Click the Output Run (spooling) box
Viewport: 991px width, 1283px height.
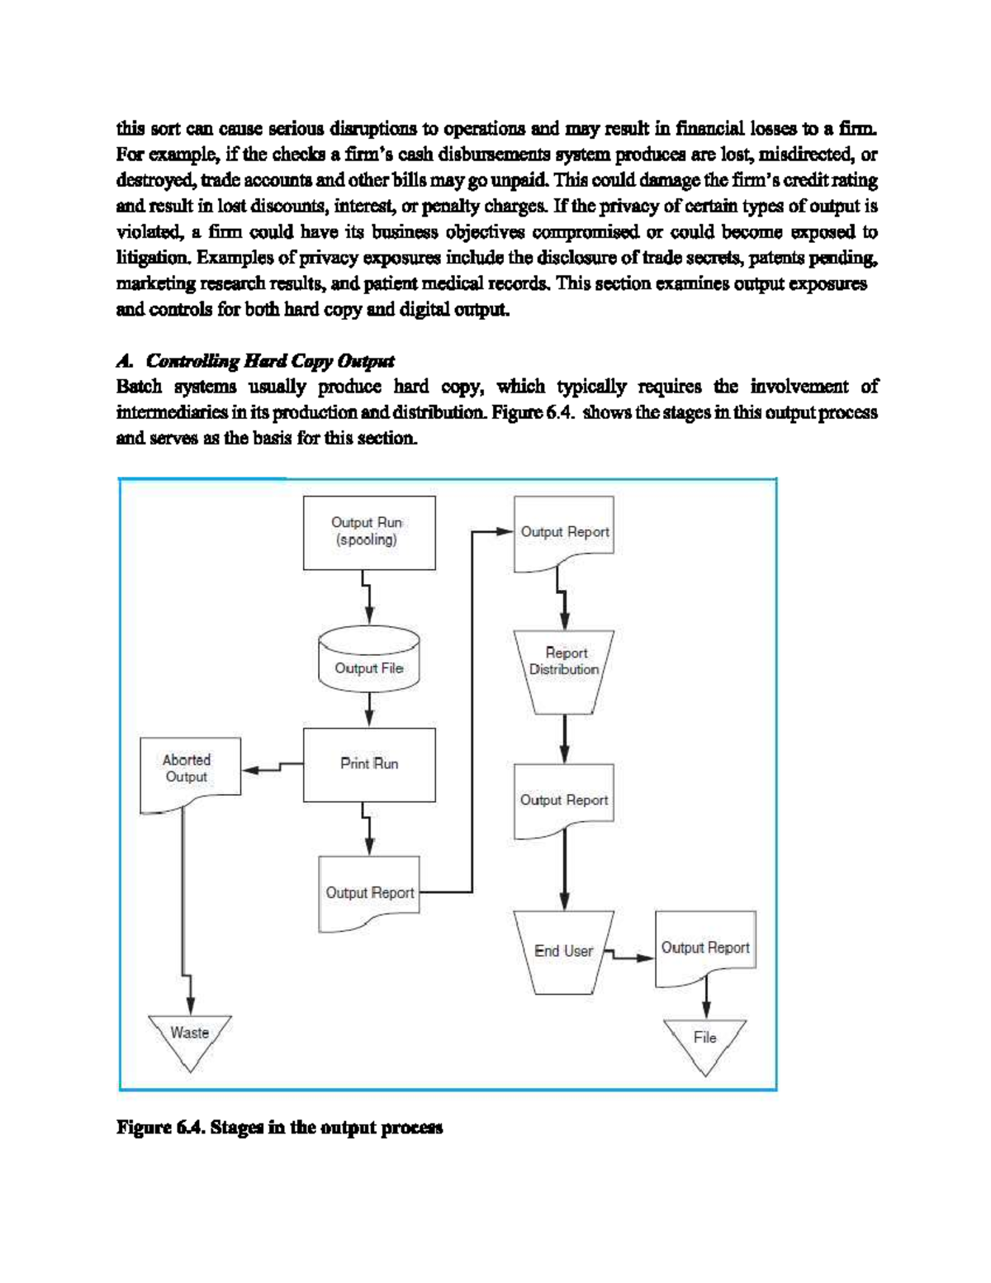(x=369, y=532)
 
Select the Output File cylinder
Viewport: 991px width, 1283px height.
(x=369, y=668)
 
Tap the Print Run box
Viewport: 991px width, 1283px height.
(x=369, y=764)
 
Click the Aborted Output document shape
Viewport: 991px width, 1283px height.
(x=189, y=772)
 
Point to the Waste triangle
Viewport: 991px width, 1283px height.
(x=190, y=1037)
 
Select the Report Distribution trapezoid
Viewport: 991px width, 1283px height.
(x=564, y=670)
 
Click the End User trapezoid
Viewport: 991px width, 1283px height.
(x=563, y=951)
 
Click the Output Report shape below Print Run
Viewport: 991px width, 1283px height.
(x=369, y=893)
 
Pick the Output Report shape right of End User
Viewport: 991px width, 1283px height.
(x=705, y=948)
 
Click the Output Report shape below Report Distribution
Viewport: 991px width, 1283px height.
(x=564, y=800)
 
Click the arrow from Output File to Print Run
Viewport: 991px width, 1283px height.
(x=369, y=709)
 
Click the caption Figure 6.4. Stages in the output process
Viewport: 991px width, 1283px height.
(x=279, y=1128)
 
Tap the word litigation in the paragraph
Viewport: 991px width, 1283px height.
(x=153, y=258)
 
